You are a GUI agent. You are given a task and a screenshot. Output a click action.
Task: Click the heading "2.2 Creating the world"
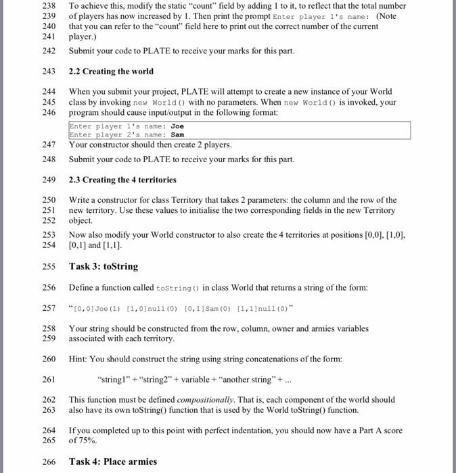[x=111, y=72]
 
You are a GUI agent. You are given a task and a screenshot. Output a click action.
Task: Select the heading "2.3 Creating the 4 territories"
[x=122, y=180]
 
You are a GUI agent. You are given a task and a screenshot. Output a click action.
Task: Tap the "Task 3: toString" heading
[x=103, y=266]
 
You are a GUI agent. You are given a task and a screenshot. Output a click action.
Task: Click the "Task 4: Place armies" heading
[x=112, y=462]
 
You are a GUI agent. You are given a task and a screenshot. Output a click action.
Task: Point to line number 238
[x=49, y=5]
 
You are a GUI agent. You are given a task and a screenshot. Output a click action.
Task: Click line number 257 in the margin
[x=49, y=308]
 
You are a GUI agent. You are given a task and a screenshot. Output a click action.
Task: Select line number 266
[x=49, y=462]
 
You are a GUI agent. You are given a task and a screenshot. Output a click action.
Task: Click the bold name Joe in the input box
[x=178, y=126]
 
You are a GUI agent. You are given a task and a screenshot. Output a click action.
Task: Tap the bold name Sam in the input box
[x=178, y=135]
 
